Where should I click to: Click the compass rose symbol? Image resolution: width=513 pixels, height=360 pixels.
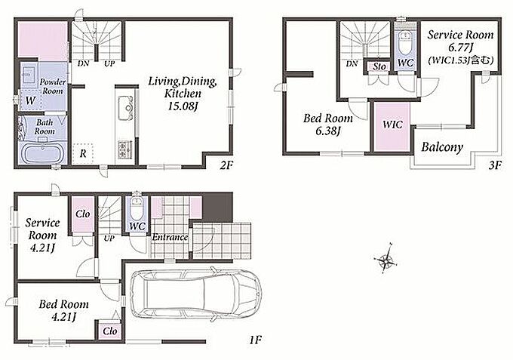(386, 258)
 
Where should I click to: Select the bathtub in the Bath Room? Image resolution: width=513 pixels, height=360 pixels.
(44, 153)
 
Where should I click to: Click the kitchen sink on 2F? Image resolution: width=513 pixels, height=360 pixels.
(126, 108)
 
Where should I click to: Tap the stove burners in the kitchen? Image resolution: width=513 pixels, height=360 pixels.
(125, 149)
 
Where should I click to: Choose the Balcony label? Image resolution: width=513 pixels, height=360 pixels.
(442, 147)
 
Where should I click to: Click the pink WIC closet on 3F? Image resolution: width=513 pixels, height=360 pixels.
(392, 127)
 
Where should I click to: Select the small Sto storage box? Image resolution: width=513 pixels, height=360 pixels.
(379, 66)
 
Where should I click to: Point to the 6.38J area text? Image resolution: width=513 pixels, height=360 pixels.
(328, 131)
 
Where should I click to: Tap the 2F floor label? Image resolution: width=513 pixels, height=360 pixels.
(226, 165)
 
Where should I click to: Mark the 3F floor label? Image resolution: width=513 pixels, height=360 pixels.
(495, 165)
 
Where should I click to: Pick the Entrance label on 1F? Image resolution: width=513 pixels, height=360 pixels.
(170, 237)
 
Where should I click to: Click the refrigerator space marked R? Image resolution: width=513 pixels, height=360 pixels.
(83, 153)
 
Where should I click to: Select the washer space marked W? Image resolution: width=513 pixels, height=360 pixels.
(30, 100)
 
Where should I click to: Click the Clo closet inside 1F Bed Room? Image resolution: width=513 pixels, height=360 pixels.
(109, 331)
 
